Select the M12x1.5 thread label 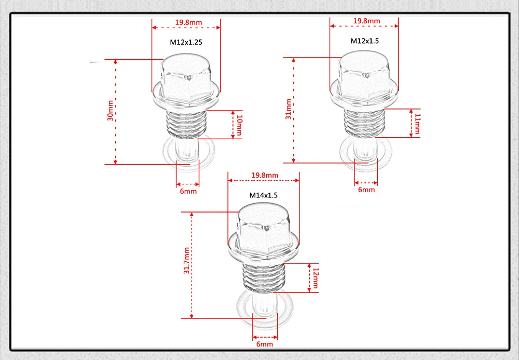[x=364, y=41]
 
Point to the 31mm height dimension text [x=289, y=110]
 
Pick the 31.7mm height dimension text [x=186, y=265]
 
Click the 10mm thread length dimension [x=239, y=125]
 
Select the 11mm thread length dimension [x=417, y=123]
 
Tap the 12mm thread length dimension [x=315, y=278]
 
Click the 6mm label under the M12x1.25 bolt [x=188, y=191]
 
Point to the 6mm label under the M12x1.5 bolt [x=366, y=190]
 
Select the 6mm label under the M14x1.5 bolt [x=265, y=344]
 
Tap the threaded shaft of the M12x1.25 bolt [x=187, y=125]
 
